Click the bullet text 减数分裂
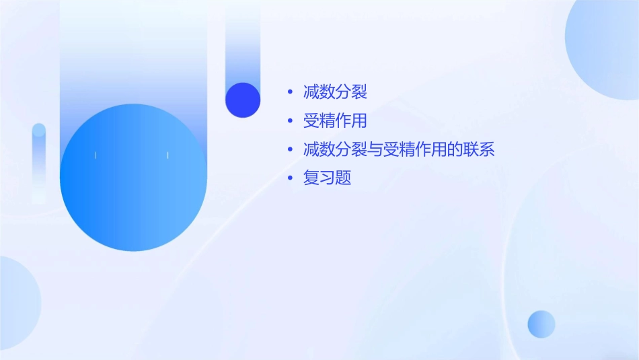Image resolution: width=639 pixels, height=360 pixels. (x=335, y=92)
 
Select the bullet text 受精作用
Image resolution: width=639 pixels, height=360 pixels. (x=335, y=121)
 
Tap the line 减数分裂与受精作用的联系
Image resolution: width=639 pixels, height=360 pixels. (x=399, y=149)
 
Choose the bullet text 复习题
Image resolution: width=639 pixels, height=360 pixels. (x=327, y=178)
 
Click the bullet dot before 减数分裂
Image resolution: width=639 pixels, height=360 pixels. (x=289, y=92)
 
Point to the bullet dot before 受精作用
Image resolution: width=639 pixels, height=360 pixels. (x=289, y=121)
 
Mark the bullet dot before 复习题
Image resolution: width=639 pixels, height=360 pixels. (x=289, y=178)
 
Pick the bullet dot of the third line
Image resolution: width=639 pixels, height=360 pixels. (x=289, y=149)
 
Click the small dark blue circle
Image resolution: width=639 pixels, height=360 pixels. (x=243, y=100)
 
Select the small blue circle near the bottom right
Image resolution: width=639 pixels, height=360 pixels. (x=541, y=324)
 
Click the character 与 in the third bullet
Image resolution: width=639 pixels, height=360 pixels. (x=375, y=149)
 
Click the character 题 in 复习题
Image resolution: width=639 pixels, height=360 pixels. (x=343, y=178)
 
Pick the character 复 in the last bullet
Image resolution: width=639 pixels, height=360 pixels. (x=311, y=178)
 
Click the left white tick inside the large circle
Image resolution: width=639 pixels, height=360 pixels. (x=96, y=155)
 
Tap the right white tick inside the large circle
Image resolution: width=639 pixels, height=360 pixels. (x=167, y=155)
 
